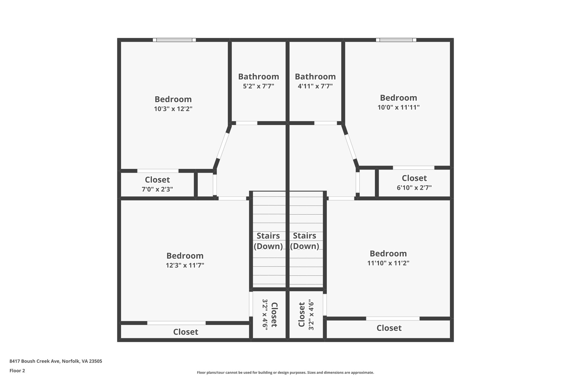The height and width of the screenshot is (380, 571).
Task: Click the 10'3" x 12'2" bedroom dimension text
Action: (x=173, y=109)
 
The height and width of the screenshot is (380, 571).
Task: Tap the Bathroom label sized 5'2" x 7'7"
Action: (x=258, y=77)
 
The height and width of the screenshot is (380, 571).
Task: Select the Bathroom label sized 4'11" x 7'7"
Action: (x=315, y=77)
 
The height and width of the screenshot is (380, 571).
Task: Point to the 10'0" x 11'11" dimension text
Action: (x=398, y=107)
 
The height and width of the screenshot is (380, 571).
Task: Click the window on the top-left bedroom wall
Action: (x=174, y=40)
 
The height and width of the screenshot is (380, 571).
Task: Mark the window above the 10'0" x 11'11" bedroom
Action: (x=396, y=40)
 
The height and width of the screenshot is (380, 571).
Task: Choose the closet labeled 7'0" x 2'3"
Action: (x=157, y=184)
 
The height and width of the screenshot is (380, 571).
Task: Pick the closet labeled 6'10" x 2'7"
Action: (x=414, y=183)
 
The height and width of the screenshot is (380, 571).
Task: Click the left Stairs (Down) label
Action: (x=268, y=241)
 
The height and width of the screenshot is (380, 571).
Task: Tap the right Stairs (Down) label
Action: (x=304, y=241)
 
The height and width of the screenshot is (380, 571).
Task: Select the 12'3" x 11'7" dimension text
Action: (x=185, y=265)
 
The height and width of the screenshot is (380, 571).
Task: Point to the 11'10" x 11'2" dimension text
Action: (x=388, y=263)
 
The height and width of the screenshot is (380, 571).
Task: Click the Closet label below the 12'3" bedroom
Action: (x=185, y=332)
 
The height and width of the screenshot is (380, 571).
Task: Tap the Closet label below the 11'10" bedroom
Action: (x=389, y=328)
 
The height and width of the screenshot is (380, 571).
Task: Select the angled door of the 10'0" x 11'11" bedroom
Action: (x=350, y=147)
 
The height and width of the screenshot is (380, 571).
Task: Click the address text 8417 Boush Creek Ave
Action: (x=56, y=361)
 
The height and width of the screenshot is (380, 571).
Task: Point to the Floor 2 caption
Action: (x=17, y=371)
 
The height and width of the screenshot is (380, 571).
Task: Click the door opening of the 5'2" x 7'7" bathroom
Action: (x=246, y=123)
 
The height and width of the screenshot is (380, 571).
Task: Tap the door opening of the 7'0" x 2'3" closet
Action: (x=158, y=171)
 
